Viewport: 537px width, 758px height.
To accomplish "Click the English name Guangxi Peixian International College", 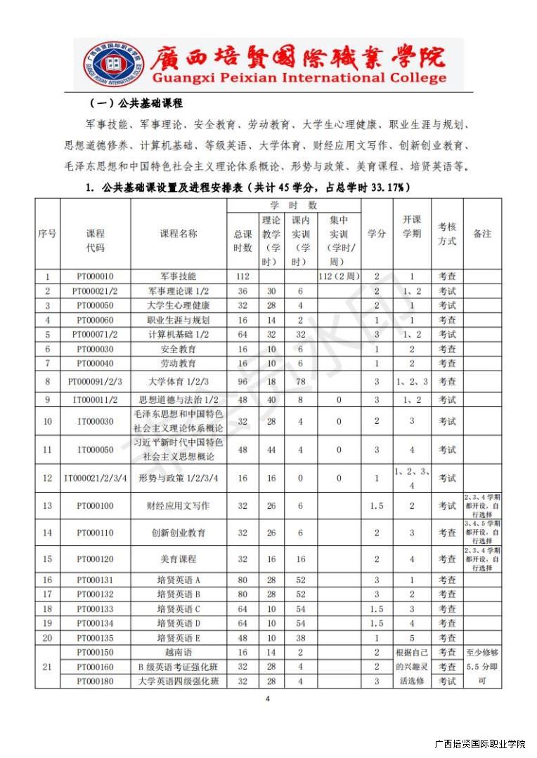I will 298,78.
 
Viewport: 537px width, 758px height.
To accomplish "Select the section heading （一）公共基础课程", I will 137,103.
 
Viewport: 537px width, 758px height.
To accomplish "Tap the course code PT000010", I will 95,277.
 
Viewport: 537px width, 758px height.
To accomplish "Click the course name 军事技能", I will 179,277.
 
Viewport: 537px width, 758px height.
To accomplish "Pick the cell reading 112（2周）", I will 339,277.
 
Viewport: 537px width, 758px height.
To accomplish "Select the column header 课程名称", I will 179,234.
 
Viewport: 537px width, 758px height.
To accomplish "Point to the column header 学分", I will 376,234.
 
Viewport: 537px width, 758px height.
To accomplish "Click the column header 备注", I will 482,234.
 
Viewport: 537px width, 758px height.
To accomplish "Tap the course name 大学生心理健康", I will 179,305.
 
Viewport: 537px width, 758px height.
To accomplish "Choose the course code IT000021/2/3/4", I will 95,478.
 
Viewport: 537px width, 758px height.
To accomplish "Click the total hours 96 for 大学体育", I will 242,381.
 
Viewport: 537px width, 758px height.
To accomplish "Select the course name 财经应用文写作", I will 179,505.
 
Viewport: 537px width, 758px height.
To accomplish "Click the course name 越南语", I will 179,652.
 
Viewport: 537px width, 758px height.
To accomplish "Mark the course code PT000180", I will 95,681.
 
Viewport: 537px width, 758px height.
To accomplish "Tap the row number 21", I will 48,666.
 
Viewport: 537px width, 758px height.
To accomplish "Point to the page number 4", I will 268,698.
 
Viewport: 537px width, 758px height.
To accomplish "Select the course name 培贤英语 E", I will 179,637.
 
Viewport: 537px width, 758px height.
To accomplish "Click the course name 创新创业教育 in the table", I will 179,533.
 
